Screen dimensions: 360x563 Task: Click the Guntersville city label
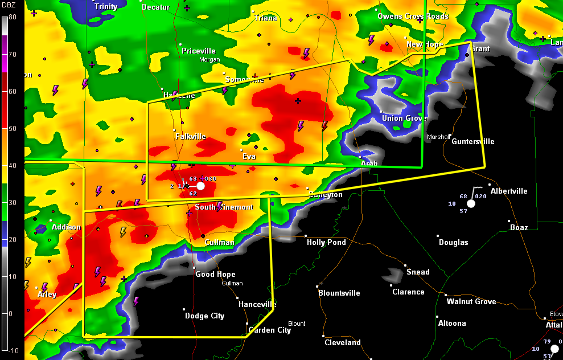473,141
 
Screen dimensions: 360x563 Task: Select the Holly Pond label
326,242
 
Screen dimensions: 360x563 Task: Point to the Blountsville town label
339,293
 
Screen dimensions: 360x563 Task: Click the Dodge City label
204,316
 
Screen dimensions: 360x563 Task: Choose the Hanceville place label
257,304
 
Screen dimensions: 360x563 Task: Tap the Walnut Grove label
471,301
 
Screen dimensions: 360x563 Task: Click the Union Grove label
404,118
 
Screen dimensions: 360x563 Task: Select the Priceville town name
199,51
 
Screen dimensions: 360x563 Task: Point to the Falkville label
191,136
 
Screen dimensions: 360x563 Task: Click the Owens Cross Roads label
413,16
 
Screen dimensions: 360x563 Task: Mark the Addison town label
66,227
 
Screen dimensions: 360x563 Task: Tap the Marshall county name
438,137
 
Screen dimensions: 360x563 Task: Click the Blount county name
297,324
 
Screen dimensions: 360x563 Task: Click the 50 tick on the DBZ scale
12,129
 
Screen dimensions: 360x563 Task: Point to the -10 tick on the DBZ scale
12,350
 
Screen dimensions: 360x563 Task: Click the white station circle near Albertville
471,203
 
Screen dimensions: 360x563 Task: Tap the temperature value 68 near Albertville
463,196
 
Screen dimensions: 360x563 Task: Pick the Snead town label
418,272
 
